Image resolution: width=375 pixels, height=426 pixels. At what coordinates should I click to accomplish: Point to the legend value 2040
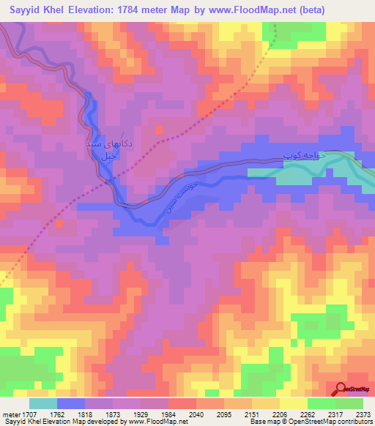195,414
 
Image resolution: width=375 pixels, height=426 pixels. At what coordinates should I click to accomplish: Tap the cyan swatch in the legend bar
43,403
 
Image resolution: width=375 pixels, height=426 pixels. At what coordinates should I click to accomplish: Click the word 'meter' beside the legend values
10,414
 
